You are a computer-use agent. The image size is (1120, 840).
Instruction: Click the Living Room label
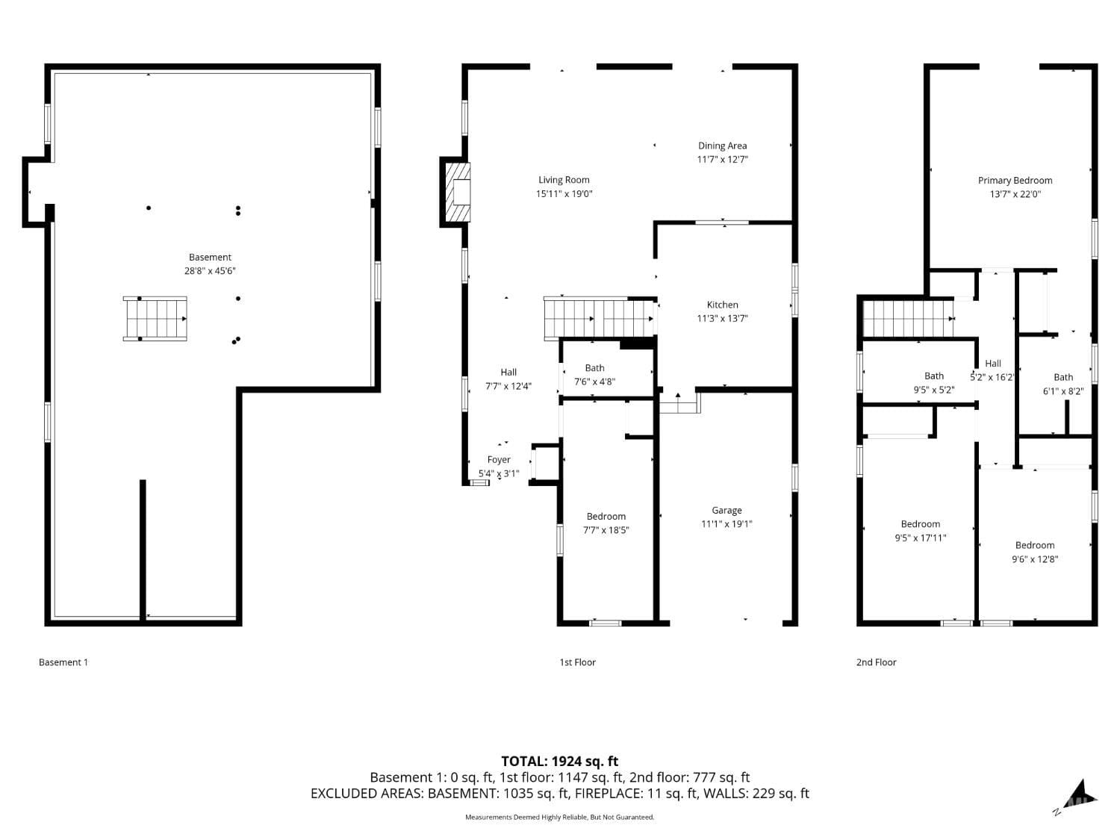coord(564,180)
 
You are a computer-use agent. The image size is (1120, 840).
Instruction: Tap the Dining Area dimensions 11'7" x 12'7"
coord(722,160)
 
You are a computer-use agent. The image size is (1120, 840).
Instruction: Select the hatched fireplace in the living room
coord(458,193)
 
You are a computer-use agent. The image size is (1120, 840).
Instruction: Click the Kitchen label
coord(722,305)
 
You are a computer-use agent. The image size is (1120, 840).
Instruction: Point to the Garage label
coord(727,511)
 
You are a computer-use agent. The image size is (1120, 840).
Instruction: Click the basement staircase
coord(155,319)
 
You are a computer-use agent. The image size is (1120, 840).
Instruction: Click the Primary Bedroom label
coord(1015,181)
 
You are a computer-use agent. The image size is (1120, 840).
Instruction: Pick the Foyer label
coord(499,460)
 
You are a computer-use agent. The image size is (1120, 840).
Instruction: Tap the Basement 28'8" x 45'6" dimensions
coord(210,272)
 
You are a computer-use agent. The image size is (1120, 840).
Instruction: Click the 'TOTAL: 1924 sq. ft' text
coord(559,762)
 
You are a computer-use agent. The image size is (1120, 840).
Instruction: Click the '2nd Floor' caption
coord(876,662)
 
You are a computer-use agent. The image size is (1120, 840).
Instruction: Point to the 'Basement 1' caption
coord(63,662)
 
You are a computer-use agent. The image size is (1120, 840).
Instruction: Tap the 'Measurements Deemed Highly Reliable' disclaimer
coord(559,818)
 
